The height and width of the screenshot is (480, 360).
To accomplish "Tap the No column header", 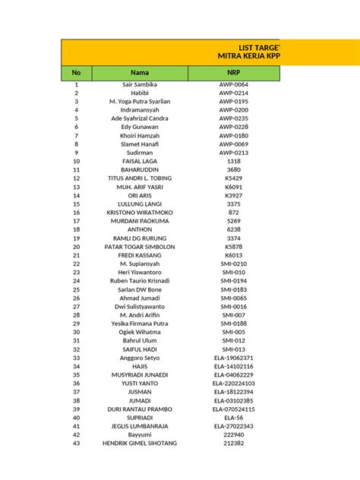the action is (x=76, y=72).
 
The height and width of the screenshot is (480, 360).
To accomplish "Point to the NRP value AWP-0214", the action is (x=233, y=93).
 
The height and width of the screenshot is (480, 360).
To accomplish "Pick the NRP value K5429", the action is (x=233, y=178).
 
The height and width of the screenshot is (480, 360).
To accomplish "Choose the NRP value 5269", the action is (x=233, y=221).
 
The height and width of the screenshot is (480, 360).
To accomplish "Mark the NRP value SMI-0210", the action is (x=233, y=264).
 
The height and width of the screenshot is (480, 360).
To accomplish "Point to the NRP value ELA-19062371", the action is (x=233, y=358).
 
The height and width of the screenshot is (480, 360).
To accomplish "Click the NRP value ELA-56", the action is (x=233, y=418).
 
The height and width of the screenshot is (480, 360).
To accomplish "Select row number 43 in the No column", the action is (x=76, y=443).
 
